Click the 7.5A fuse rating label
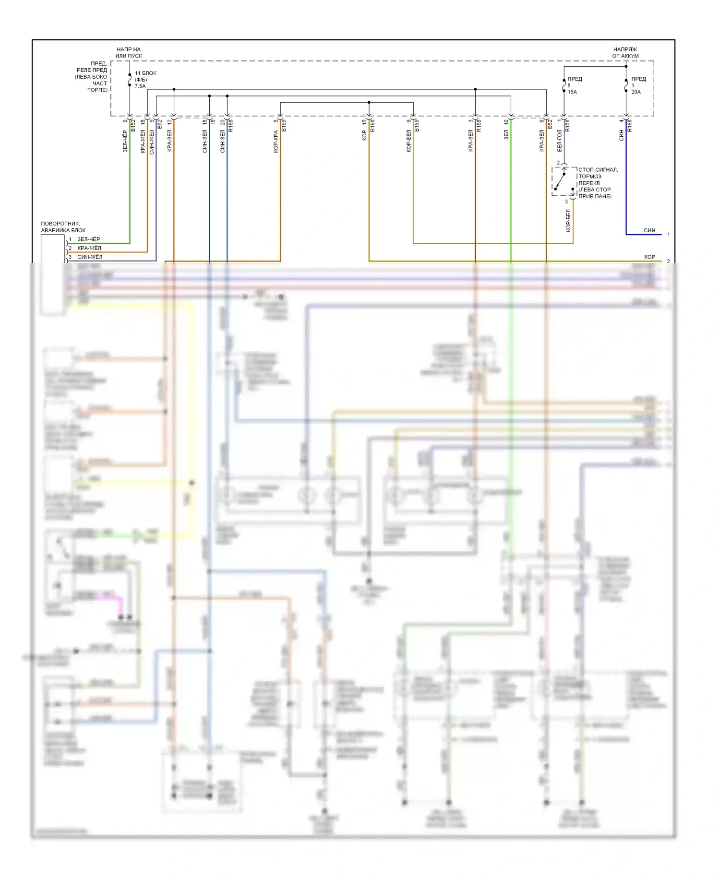(x=140, y=86)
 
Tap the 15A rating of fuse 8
(x=572, y=92)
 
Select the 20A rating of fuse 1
(x=636, y=92)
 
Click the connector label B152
(x=133, y=126)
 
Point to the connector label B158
(x=567, y=126)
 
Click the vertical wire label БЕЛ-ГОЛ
(x=560, y=141)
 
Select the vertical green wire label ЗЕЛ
(x=506, y=135)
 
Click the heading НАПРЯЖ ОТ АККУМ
(x=625, y=53)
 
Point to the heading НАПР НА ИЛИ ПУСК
(x=129, y=53)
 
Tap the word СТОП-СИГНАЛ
(x=598, y=170)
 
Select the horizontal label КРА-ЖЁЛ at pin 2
(x=89, y=248)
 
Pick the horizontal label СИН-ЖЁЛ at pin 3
(x=90, y=257)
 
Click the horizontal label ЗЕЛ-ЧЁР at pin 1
(x=89, y=239)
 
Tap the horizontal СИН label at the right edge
(x=649, y=230)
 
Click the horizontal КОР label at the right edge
(x=649, y=257)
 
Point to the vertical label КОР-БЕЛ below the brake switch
(x=568, y=221)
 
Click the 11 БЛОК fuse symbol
(x=130, y=80)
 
